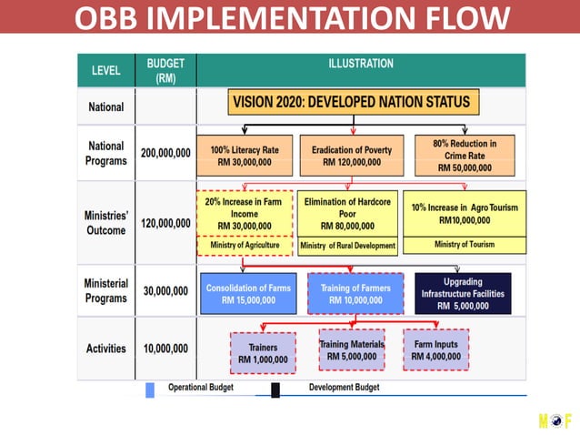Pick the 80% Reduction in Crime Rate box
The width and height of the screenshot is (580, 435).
tap(465, 156)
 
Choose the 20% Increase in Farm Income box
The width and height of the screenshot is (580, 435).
tap(245, 214)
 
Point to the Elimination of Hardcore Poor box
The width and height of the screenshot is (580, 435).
tap(347, 214)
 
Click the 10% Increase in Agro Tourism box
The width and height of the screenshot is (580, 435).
tap(464, 214)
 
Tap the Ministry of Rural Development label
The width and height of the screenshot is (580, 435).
tap(347, 246)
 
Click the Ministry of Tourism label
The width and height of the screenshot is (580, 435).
tap(464, 244)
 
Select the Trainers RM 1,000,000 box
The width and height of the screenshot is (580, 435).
tap(263, 352)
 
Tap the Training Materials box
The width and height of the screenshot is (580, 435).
tap(351, 350)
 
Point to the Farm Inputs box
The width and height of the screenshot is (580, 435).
tap(435, 350)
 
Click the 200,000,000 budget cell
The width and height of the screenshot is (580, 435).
tap(165, 153)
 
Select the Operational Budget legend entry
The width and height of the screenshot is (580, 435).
tap(200, 388)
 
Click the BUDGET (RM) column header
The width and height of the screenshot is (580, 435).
tap(165, 70)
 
